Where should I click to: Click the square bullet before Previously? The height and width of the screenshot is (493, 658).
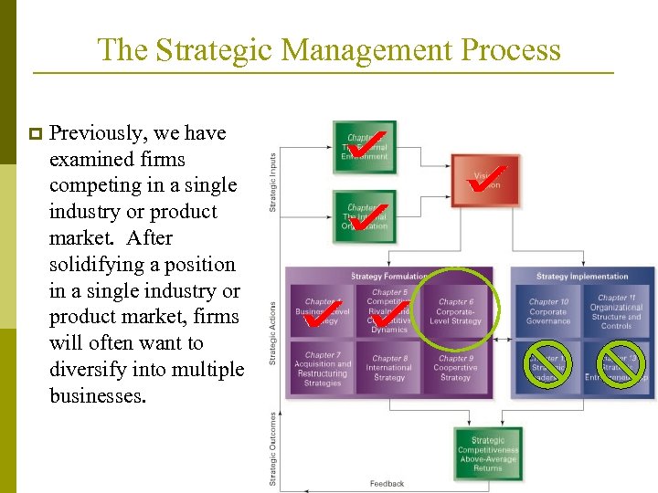[x=36, y=134]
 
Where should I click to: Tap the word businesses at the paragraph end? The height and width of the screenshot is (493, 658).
[x=98, y=396]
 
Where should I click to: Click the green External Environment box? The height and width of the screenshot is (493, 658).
[x=365, y=145]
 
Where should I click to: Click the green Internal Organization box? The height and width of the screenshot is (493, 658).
[x=365, y=216]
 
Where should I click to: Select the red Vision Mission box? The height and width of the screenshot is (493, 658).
[x=485, y=179]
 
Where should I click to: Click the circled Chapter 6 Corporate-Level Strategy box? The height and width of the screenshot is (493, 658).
[x=455, y=311]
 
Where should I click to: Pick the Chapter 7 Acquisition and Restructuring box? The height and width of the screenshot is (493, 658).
[x=322, y=368]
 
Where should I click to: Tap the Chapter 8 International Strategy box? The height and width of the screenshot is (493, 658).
[x=389, y=368]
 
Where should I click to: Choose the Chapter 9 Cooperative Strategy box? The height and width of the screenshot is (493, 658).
[x=455, y=368]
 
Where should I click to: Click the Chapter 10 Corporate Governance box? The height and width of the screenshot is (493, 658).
[x=547, y=311]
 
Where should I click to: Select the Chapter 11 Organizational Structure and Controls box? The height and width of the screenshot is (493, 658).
[x=616, y=311]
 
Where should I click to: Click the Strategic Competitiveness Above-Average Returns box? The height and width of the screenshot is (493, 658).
[x=487, y=454]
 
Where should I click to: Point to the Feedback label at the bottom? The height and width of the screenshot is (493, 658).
[x=387, y=484]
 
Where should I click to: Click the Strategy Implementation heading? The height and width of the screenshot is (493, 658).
[x=582, y=276]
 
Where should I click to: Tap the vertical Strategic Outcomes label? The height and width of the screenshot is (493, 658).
[x=272, y=448]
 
